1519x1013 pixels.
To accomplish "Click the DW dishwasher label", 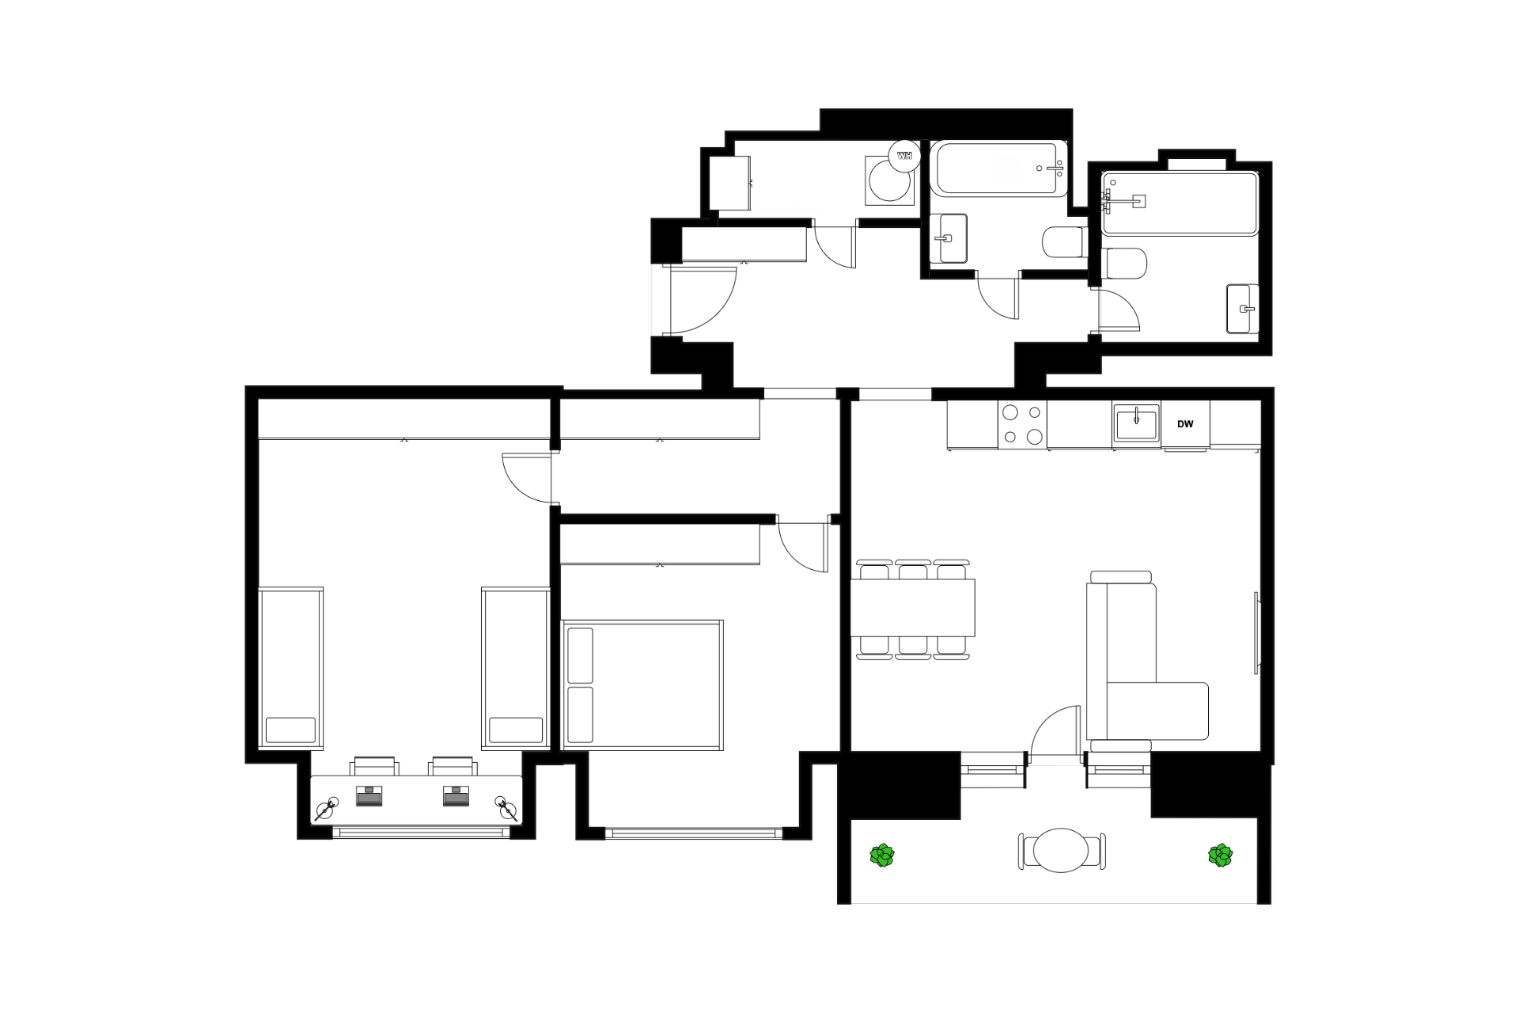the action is point(1184,424).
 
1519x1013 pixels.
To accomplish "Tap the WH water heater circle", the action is point(904,156).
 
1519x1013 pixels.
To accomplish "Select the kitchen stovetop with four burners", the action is point(1022,424).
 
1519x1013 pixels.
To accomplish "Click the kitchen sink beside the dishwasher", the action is point(1137,423).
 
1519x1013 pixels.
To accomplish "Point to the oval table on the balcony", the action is point(1062,850).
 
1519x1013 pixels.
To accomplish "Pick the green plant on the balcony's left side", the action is point(882,856).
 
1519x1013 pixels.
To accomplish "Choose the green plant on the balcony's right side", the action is point(1221,856).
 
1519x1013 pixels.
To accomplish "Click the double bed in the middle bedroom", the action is point(642,685).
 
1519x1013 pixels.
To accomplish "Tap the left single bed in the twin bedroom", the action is point(290,667).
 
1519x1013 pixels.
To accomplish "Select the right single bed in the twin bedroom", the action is point(516,667).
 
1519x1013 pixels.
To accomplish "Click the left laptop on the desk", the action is point(369,795).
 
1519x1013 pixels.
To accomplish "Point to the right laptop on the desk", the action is point(455,795).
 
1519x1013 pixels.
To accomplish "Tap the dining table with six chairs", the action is point(913,608).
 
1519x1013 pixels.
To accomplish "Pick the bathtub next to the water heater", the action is point(999,169).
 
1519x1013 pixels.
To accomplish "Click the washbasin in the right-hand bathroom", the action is point(1241,309).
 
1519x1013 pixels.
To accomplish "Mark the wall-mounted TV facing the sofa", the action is point(1257,633).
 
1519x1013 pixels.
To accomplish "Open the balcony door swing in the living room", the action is point(1056,732).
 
